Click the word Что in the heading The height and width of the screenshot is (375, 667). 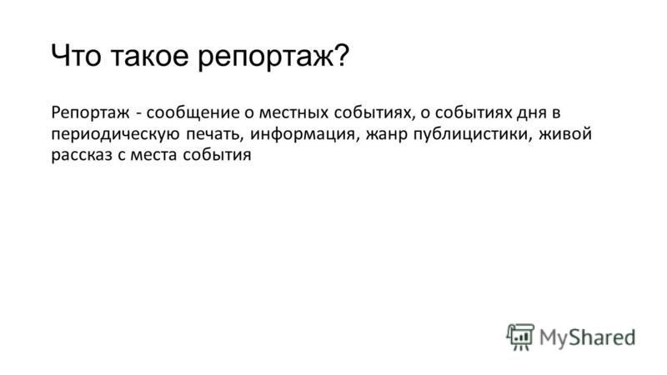[76, 55]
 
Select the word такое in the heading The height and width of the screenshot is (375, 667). [149, 56]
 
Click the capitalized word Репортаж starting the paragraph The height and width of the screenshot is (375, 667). [90, 113]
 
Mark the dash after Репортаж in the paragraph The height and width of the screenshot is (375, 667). [138, 114]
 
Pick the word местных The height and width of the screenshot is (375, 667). [294, 113]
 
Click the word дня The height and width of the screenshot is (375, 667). [531, 113]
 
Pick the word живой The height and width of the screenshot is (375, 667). [565, 134]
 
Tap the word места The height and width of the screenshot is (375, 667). [153, 155]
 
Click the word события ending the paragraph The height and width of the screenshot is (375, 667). [217, 155]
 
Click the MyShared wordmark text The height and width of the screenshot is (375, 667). [588, 337]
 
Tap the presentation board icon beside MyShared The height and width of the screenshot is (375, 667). [520, 337]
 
